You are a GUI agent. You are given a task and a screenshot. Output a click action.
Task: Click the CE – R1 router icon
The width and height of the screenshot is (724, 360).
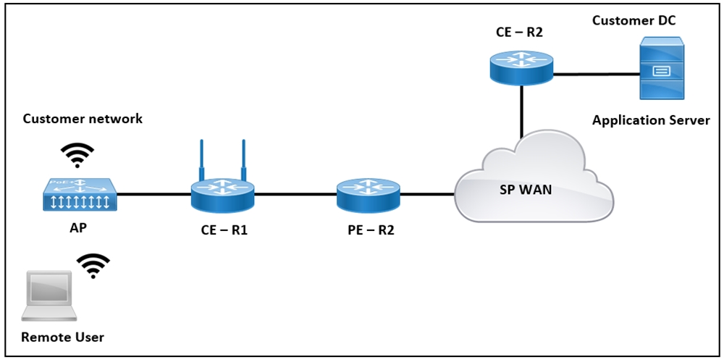(222, 194)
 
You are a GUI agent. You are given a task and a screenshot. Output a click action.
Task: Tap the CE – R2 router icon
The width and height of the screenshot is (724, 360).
(521, 67)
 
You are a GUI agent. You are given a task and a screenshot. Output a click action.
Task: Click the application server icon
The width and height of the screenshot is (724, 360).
(661, 68)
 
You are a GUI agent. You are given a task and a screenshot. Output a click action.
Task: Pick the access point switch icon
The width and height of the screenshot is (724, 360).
(80, 195)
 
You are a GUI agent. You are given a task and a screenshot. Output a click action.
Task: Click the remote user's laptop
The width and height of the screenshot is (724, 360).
(49, 296)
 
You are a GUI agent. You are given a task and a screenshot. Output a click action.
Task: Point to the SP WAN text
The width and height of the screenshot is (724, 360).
(526, 190)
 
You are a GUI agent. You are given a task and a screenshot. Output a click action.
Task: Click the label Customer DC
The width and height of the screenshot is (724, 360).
(634, 20)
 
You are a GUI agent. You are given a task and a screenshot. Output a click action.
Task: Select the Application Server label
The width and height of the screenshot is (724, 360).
(651, 121)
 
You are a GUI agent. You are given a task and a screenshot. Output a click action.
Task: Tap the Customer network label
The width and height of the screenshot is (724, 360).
(83, 119)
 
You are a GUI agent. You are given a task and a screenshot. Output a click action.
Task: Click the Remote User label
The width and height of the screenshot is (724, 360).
(62, 338)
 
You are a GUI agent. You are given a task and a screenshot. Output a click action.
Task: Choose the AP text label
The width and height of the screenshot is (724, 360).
(78, 227)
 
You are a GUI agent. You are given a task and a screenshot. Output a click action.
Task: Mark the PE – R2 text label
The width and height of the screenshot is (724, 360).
(371, 230)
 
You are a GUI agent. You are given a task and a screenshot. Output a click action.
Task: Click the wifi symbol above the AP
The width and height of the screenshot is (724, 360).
(77, 155)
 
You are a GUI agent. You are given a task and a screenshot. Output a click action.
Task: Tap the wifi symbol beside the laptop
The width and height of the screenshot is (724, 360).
(93, 266)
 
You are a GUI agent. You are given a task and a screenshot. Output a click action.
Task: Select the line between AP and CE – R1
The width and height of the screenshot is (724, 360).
(153, 194)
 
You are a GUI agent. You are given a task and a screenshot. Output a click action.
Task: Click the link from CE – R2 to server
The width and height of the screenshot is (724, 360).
(597, 73)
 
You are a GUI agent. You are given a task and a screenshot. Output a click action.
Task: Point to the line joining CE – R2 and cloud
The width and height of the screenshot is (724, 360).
(522, 112)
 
